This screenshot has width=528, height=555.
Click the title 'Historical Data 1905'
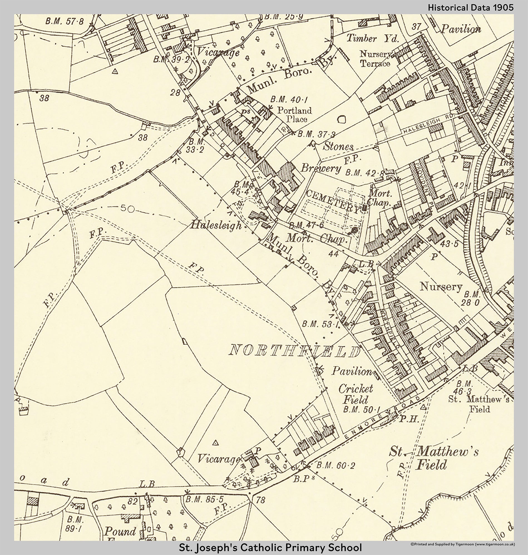[471, 8]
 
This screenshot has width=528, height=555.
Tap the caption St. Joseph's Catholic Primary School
[270, 548]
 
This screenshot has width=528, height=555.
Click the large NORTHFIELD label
[295, 351]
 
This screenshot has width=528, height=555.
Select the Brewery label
[320, 168]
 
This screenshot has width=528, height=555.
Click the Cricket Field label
[356, 394]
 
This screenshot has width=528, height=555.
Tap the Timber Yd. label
[372, 38]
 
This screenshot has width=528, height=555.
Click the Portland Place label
[295, 114]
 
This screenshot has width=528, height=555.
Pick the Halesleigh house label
[216, 225]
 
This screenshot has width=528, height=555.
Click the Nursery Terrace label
[376, 58]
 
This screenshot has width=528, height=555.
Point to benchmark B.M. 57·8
[65, 21]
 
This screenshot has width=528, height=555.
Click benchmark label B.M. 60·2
[335, 465]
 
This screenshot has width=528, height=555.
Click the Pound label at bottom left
[120, 531]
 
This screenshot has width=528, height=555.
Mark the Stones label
[338, 146]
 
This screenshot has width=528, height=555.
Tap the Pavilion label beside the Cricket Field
[352, 371]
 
